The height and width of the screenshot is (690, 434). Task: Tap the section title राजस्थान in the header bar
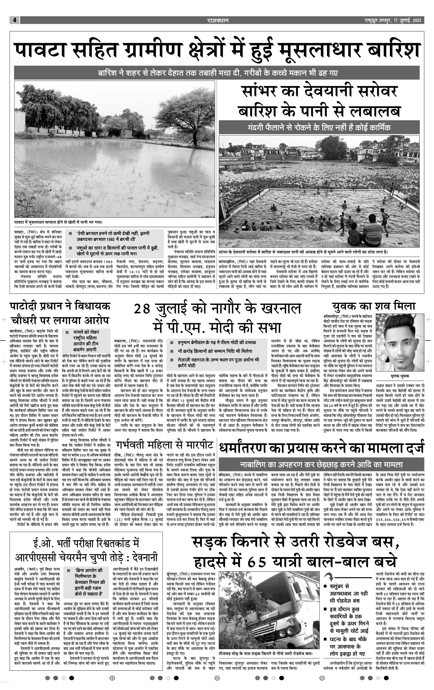coord(218,20)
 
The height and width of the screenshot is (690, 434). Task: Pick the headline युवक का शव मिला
coord(374,306)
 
